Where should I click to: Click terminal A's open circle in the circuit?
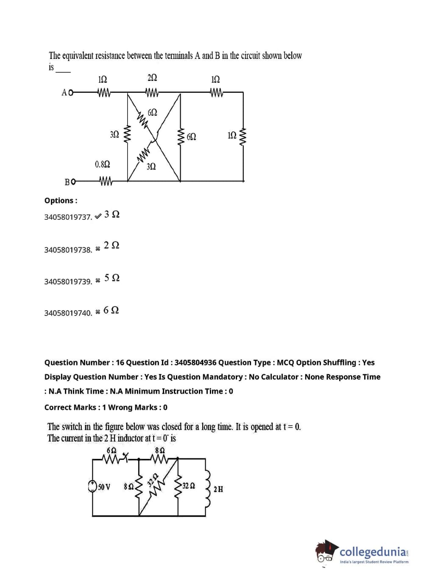point(71,92)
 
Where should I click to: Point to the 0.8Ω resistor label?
point(102,164)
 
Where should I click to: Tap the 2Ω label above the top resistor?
point(152,78)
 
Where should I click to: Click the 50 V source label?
point(104,487)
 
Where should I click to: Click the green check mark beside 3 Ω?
point(98,216)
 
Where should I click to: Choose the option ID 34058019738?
point(68,250)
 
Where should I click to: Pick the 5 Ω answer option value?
point(112,278)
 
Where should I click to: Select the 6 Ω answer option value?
point(111,310)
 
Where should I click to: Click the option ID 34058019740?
point(68,313)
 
